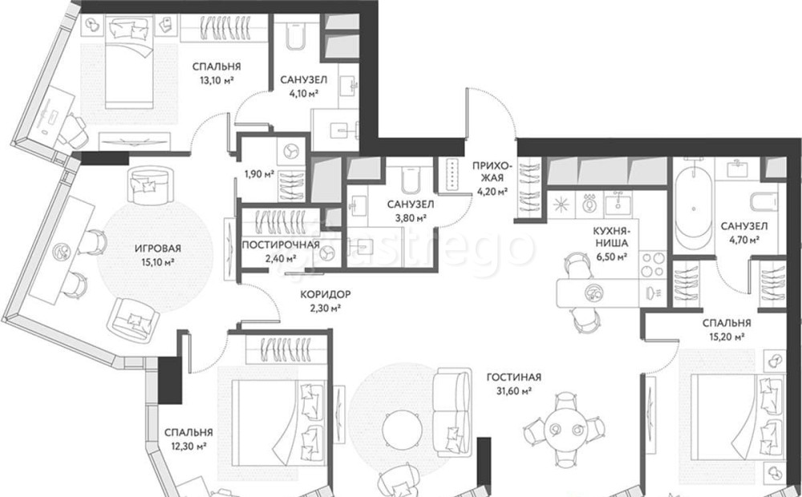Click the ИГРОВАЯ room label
pyautogui.click(x=157, y=249)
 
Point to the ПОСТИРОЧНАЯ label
pyautogui.click(x=281, y=244)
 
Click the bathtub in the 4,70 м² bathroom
pyautogui.click(x=693, y=208)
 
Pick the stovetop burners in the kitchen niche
pyautogui.click(x=653, y=265)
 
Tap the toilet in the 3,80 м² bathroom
pyautogui.click(x=411, y=180)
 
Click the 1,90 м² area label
pyautogui.click(x=260, y=175)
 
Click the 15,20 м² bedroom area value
pyautogui.click(x=727, y=337)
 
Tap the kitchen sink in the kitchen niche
pyautogui.click(x=618, y=204)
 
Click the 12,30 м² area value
pyautogui.click(x=188, y=446)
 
